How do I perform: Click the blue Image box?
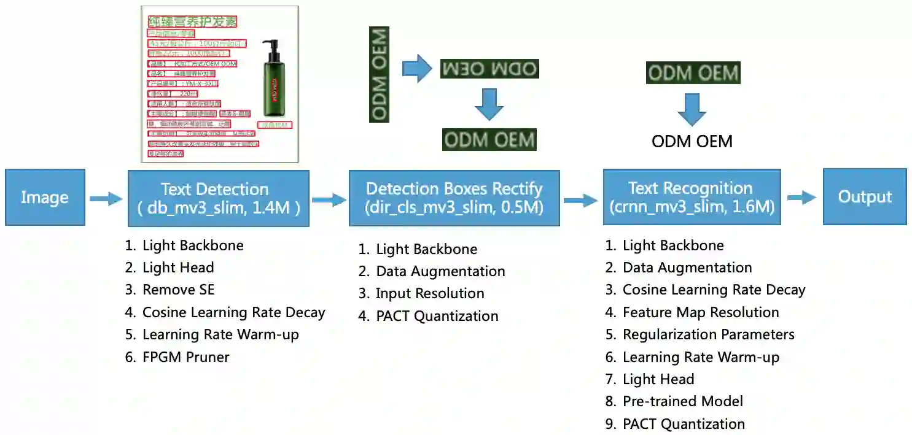click(x=45, y=198)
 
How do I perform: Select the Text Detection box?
click(x=218, y=198)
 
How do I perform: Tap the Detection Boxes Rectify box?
click(x=454, y=198)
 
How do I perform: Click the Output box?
click(x=865, y=197)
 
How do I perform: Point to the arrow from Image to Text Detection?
click(x=106, y=198)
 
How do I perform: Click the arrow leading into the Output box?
click(x=801, y=197)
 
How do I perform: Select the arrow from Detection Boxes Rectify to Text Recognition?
click(x=580, y=199)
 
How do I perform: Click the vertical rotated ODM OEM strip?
click(x=380, y=73)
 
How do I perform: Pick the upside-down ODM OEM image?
click(x=489, y=69)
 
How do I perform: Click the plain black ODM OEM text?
click(x=692, y=142)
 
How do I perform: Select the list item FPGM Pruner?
click(x=185, y=356)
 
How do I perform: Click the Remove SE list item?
click(x=178, y=290)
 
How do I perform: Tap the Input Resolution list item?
click(x=430, y=293)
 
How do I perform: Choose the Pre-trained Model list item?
click(x=682, y=401)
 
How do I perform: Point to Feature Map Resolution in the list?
click(x=700, y=312)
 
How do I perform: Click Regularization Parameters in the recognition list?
click(x=708, y=334)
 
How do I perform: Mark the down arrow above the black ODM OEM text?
click(x=692, y=109)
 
